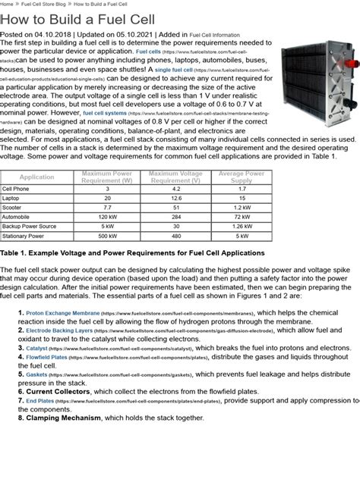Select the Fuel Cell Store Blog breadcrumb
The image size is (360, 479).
(56, 4)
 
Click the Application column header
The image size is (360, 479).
(36, 177)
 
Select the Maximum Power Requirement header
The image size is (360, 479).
(106, 177)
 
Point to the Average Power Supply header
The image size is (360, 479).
(241, 177)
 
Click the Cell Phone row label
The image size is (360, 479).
(16, 188)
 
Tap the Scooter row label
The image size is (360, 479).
(14, 206)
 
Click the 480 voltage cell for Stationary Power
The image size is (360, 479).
(175, 234)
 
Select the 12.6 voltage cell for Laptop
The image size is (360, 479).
(175, 197)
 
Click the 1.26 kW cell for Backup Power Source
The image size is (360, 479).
(241, 225)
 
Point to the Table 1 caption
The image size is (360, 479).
(133, 252)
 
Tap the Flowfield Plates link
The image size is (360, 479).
(47, 356)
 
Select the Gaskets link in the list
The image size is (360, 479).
(36, 374)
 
